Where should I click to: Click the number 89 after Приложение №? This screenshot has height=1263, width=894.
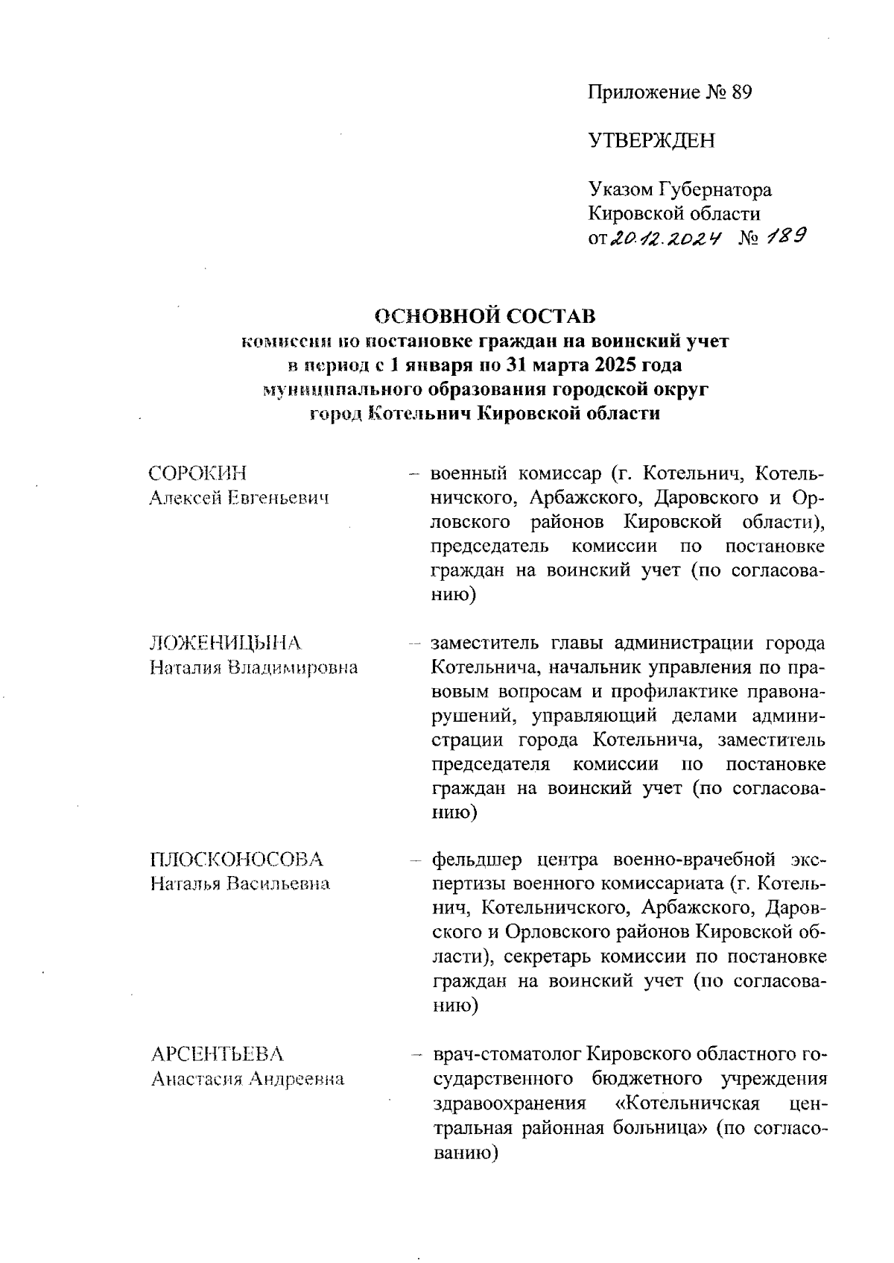tap(740, 92)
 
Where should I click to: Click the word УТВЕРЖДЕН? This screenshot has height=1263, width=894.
tap(651, 141)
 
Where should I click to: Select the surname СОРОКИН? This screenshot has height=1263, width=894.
tap(198, 473)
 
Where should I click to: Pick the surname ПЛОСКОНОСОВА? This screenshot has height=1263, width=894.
tap(237, 860)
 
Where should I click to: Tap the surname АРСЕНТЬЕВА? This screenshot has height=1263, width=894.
tap(218, 1054)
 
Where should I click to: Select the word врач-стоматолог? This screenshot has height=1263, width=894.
tap(507, 1055)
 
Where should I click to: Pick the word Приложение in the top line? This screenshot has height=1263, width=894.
tap(643, 92)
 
